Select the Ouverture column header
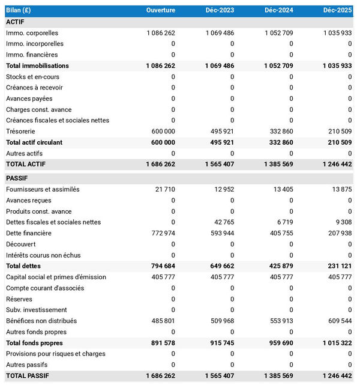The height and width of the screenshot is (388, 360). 161,10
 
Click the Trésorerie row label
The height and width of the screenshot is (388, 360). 20,131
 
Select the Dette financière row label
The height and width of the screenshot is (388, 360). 29,233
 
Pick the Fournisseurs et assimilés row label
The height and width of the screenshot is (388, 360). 43,189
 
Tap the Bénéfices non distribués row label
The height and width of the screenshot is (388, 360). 41,321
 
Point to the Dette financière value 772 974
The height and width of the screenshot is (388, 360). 160,233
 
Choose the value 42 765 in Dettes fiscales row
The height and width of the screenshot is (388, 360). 221,222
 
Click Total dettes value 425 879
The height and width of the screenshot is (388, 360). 277,266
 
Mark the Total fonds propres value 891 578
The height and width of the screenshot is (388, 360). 160,343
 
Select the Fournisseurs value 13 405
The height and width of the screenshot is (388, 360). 280,189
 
